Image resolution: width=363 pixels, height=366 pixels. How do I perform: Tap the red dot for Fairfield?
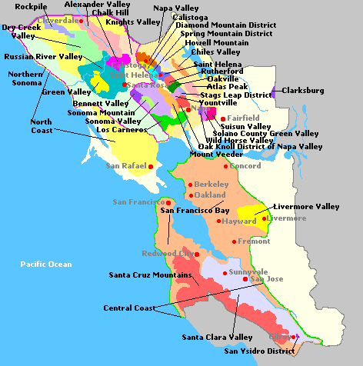coord(223,119)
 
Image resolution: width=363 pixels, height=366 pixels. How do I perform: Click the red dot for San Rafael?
coord(151,166)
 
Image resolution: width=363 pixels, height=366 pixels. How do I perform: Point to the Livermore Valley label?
coord(307,207)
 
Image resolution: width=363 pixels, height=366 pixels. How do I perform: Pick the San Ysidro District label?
coord(259,351)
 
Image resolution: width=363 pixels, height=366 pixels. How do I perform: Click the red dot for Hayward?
coord(219,221)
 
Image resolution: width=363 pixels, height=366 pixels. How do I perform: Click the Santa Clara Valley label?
coord(217,337)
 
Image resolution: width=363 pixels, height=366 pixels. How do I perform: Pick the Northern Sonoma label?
coord(25,78)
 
